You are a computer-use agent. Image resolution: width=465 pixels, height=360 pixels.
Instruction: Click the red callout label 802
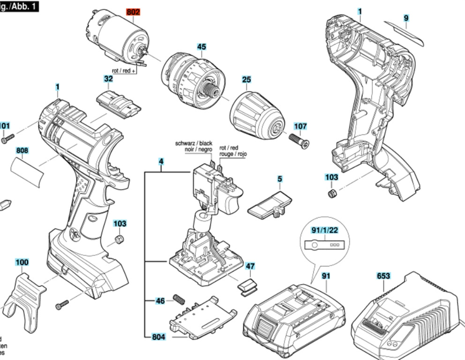[133, 12]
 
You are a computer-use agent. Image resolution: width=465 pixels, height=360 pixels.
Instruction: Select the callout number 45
[201, 47]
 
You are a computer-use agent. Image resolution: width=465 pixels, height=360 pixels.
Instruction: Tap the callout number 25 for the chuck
[247, 80]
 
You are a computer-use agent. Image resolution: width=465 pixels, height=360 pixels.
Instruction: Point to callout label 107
[300, 126]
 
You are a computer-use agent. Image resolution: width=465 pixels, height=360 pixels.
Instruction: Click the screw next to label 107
[298, 141]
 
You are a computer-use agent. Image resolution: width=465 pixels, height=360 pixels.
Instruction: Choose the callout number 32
[108, 79]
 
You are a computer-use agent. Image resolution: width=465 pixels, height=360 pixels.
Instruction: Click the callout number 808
[22, 150]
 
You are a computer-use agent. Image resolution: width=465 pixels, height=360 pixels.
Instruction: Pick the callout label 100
[22, 262]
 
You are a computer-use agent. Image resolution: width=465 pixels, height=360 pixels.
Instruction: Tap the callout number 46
[160, 300]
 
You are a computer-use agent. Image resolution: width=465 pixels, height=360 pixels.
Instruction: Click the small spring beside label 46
[179, 298]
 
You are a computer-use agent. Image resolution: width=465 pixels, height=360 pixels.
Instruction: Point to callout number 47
[250, 266]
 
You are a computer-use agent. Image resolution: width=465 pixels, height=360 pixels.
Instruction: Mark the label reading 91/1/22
[324, 230]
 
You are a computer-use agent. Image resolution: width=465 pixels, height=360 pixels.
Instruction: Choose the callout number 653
[383, 276]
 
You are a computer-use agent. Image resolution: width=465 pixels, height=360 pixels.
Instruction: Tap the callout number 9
[406, 18]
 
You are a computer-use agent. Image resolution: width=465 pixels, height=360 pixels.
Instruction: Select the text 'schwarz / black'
[194, 143]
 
